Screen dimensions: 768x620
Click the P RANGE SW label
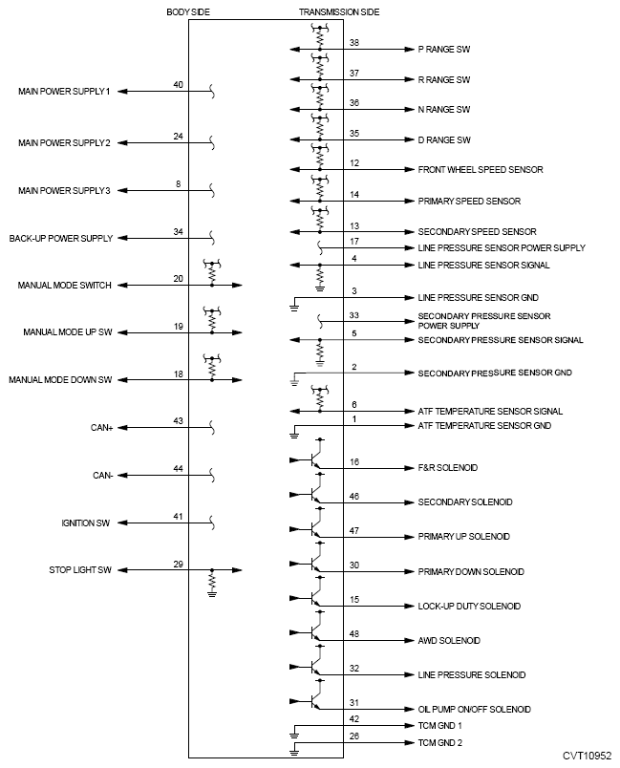444,49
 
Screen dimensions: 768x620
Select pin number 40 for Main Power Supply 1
178,85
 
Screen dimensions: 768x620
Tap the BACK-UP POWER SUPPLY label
61,238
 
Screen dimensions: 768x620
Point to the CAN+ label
102,428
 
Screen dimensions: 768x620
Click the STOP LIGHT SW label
81,570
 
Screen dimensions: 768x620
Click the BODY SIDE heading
187,12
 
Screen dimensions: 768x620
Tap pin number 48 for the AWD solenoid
353,634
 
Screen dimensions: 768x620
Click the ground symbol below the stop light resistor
212,593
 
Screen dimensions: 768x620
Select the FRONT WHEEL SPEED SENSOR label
481,170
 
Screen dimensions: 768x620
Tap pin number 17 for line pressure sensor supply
353,242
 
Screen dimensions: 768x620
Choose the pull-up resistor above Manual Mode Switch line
212,269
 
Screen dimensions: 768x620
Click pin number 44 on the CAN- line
178,469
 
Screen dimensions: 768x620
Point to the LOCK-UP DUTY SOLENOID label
467,607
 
